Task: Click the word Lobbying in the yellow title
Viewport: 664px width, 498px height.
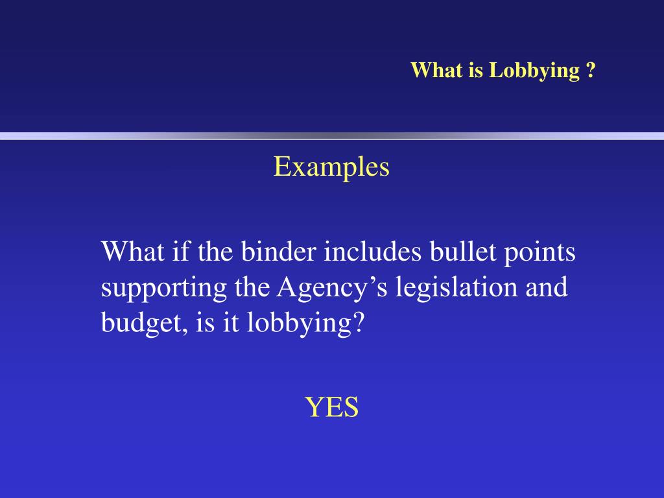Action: (534, 71)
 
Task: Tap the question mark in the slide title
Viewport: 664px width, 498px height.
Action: (591, 70)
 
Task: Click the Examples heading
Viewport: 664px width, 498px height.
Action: (331, 167)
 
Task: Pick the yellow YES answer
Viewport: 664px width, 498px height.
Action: (331, 408)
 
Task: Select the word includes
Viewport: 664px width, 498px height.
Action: (373, 252)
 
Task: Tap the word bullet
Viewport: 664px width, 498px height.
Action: (462, 252)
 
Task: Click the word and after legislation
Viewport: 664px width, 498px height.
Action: (547, 287)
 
